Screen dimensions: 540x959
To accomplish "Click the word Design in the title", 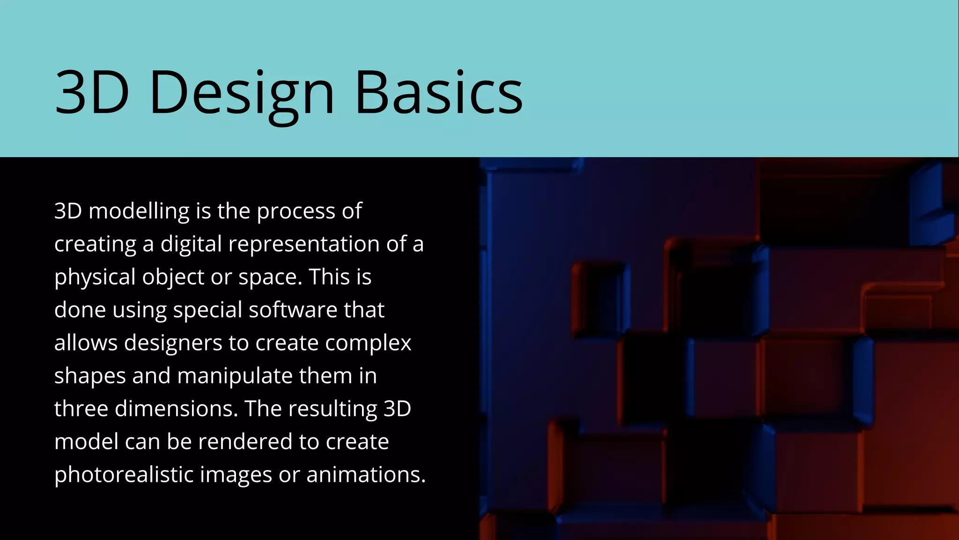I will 242,92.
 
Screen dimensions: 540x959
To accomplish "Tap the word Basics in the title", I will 439,92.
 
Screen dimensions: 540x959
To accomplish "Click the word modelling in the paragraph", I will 139,211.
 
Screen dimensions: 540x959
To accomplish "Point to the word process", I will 295,211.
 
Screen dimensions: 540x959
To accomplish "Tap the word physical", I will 95,277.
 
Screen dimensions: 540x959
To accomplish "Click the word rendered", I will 249,442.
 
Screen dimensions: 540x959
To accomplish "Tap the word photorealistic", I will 124,474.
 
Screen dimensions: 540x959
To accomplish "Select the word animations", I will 366,474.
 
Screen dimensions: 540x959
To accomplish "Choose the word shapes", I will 90,376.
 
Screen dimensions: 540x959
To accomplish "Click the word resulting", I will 332,409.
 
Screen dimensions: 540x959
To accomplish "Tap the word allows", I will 86,343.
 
